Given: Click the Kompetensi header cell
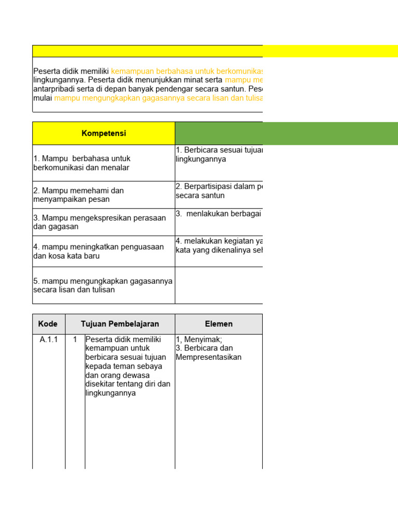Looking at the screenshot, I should point(104,134).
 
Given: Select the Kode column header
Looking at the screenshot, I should point(49,324).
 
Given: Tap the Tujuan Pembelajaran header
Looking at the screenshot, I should point(120,324).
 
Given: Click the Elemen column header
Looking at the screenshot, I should point(218,324).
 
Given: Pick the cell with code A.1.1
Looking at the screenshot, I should point(49,340).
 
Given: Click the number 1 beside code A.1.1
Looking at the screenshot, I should point(75,340).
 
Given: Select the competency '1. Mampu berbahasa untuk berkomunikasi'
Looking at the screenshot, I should point(81,163).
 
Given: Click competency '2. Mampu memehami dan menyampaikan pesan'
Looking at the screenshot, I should point(78,195).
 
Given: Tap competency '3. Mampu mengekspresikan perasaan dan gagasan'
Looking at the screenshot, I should point(99,222).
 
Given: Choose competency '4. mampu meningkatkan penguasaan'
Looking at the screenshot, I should point(99,251).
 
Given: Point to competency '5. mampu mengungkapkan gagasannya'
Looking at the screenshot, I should point(103,285).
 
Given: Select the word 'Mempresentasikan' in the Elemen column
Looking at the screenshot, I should point(208,357).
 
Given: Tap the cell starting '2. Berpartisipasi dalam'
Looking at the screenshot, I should point(219,191).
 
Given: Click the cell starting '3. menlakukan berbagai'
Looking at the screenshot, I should point(219,214).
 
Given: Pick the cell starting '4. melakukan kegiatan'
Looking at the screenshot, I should point(219,246).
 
